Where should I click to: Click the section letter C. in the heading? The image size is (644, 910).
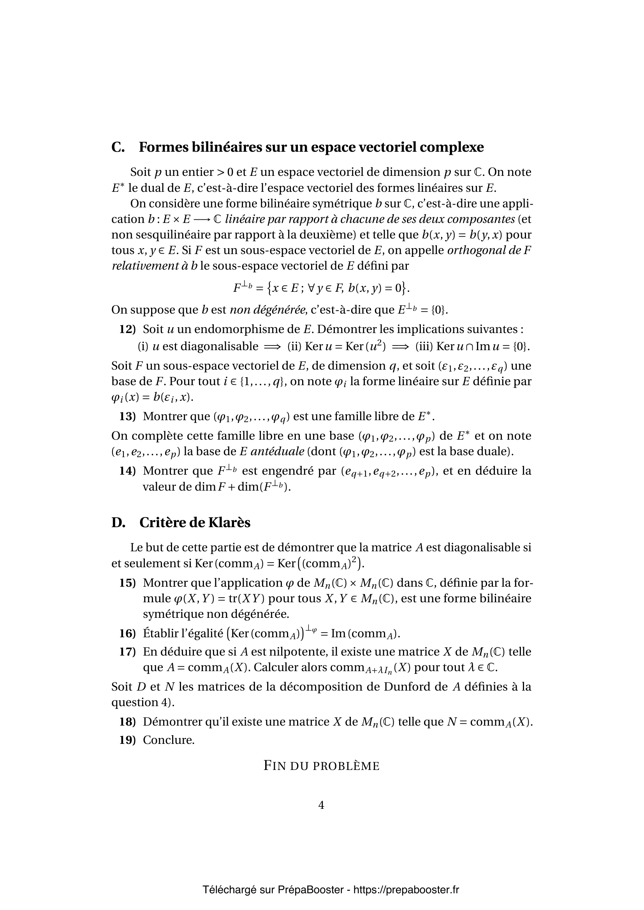coord(118,147)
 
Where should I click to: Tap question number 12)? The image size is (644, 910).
coord(127,330)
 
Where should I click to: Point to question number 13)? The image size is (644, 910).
coord(127,417)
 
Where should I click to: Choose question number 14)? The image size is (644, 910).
coord(127,471)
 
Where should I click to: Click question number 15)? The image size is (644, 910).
coord(127,583)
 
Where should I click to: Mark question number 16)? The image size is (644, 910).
coord(127,634)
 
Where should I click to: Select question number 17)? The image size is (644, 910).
coord(127,652)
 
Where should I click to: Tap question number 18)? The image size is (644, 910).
coord(127,722)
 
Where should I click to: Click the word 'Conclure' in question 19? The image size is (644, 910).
coord(169,740)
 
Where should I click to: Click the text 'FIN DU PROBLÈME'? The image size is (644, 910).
coord(322,766)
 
